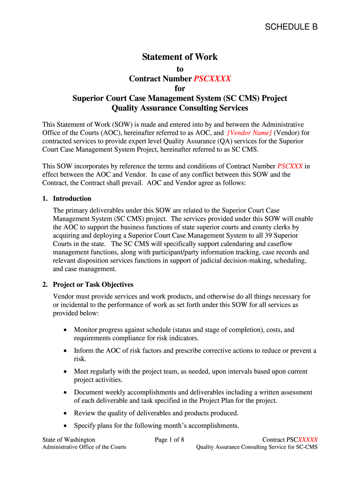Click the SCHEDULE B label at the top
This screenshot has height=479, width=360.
[291, 27]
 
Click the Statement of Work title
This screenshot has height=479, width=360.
[180, 57]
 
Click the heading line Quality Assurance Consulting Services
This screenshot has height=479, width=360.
[180, 108]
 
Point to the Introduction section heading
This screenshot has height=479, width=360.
[72, 198]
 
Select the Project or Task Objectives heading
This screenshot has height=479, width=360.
[93, 284]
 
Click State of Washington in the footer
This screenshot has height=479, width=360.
[69, 440]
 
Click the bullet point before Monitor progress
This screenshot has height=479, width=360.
[66, 330]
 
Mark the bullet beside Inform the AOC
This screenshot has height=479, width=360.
[66, 351]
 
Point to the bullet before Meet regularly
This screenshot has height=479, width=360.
[66, 372]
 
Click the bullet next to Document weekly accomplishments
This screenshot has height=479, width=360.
[66, 393]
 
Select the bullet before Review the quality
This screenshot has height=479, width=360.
[66, 414]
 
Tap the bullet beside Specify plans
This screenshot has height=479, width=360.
[66, 426]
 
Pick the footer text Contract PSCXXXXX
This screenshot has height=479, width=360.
[290, 440]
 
